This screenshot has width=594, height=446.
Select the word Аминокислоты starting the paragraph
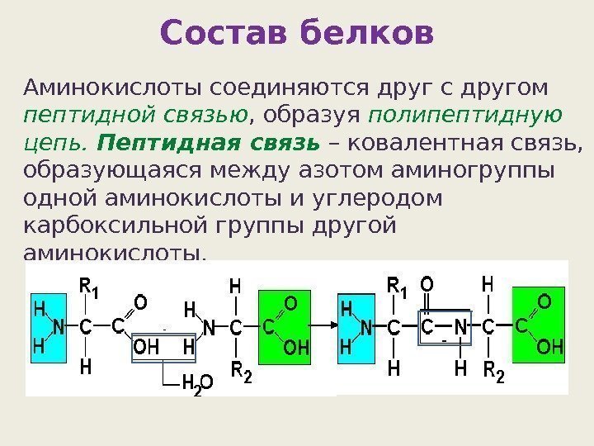[115, 87]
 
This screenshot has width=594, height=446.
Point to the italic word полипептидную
[467, 113]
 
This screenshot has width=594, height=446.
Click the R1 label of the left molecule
[88, 288]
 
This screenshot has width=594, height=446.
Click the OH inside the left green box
[295, 349]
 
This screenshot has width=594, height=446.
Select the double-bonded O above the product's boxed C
[427, 285]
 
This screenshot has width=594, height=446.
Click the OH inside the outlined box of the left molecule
[145, 349]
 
